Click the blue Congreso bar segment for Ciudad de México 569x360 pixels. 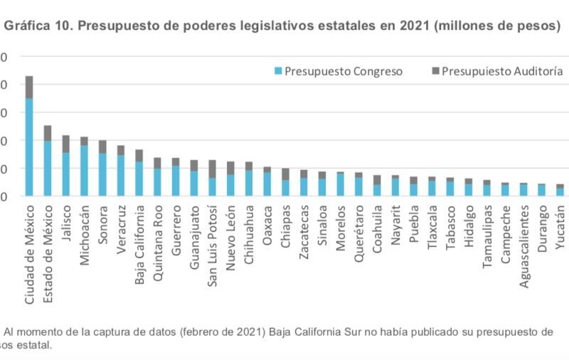29,147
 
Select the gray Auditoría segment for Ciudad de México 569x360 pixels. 29,87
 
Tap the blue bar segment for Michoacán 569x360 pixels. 84,170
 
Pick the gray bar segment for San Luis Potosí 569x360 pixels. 212,169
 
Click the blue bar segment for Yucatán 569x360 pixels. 560,191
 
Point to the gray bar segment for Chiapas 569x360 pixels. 285,174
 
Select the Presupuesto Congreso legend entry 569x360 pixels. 339,71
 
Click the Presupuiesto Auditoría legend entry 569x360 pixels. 497,71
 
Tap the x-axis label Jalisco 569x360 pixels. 65,223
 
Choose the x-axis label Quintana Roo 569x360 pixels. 157,239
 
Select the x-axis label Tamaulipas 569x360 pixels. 487,239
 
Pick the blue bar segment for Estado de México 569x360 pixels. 48,168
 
